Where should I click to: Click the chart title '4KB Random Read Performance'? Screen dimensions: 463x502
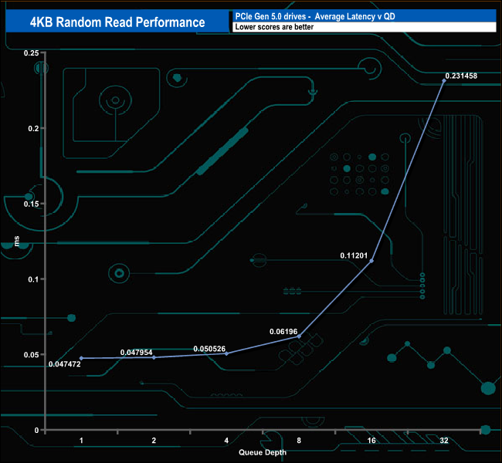coord(117,22)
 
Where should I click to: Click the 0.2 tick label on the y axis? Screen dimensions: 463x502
coord(32,128)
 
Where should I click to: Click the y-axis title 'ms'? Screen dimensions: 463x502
coord(17,242)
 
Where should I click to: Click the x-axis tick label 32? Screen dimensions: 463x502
coord(444,441)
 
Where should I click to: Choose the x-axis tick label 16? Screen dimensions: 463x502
coord(371,441)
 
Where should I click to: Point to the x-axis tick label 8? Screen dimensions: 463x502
coord(299,441)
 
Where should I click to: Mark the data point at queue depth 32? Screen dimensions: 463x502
coord(443,81)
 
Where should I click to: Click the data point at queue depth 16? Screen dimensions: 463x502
coord(371,261)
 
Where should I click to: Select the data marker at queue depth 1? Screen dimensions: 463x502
coord(81,358)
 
